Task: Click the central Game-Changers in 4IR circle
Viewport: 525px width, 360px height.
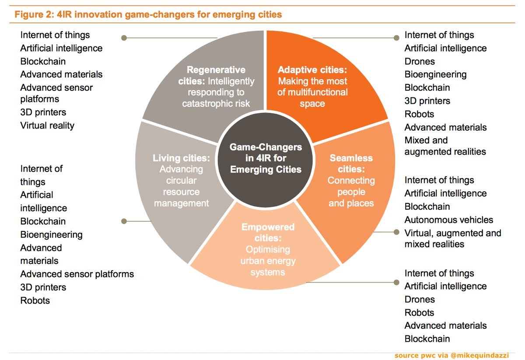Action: click(266, 158)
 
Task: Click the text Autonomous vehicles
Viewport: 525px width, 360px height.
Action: click(448, 220)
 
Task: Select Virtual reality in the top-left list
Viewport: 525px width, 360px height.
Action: click(47, 126)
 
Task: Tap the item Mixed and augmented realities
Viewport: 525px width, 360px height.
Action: click(445, 146)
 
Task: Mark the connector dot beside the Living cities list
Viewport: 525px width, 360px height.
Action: click(124, 221)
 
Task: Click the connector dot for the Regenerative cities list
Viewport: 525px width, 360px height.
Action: click(124, 38)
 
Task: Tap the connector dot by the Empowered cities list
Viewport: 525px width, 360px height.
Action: click(396, 282)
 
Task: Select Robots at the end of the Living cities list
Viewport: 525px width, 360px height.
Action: click(35, 301)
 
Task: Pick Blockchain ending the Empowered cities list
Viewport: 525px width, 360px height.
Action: click(427, 339)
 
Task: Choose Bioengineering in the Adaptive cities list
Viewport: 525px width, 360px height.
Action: click(435, 74)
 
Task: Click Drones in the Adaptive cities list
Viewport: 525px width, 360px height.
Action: click(420, 61)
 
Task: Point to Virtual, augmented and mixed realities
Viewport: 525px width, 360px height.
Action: click(452, 238)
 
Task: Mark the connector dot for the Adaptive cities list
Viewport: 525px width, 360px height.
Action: click(397, 38)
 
